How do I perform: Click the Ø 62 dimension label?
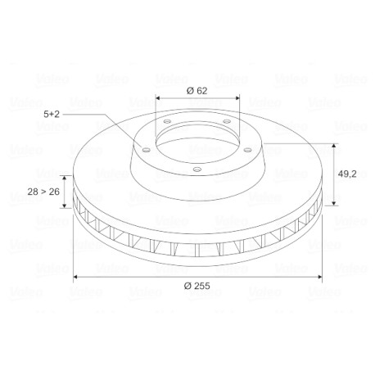(x=197, y=91)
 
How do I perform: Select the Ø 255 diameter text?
(x=197, y=286)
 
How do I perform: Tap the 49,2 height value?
(x=347, y=174)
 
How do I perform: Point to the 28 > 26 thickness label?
(x=43, y=192)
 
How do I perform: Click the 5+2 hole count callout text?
(x=52, y=114)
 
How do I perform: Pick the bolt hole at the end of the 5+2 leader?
(x=147, y=150)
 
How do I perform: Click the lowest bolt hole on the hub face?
(x=197, y=169)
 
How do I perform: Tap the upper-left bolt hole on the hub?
(x=167, y=121)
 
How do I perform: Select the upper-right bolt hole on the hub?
(x=227, y=121)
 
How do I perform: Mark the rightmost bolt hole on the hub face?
(x=247, y=150)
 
